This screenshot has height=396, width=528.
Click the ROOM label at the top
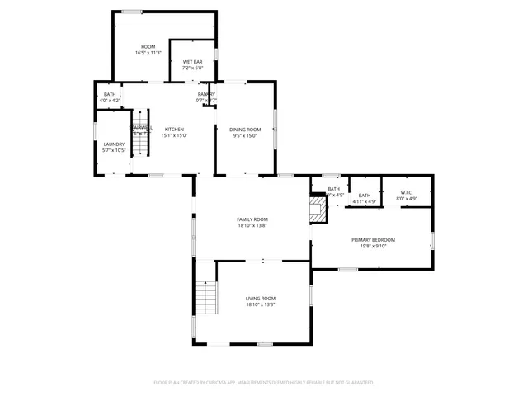click(x=148, y=47)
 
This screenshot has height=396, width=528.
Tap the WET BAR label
click(x=192, y=62)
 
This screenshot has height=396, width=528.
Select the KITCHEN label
click(x=174, y=130)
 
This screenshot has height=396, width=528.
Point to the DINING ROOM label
click(x=245, y=130)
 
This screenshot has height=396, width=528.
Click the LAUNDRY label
click(x=114, y=144)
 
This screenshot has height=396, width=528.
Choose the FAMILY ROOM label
click(x=252, y=219)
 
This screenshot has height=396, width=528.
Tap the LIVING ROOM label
click(x=261, y=299)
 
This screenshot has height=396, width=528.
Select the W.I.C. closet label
click(x=408, y=192)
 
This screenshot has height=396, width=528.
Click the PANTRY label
click(x=206, y=94)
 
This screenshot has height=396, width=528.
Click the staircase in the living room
click(x=206, y=297)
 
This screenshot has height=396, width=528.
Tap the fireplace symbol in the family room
click(x=318, y=209)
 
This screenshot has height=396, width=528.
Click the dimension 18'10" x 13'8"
click(x=252, y=225)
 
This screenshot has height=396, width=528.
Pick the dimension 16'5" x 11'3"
click(x=148, y=53)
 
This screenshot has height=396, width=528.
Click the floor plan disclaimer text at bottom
click(x=264, y=383)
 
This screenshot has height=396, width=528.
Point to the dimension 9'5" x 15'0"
click(x=245, y=135)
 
